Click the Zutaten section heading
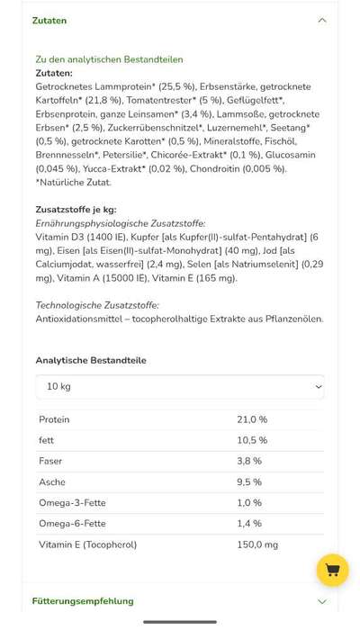pos(49,21)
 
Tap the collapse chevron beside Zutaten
pos(322,21)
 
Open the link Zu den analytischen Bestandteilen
pos(109,59)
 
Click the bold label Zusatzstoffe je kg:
pos(76,210)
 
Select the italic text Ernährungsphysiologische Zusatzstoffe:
pos(121,223)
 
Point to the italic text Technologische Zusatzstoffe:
pos(97,305)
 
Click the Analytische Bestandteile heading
pos(91,360)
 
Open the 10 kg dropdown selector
pos(180,387)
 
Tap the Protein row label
pos(54,419)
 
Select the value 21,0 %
pos(252,419)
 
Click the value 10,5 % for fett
pos(252,440)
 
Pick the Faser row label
pos(50,461)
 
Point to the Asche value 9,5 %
pos(249,482)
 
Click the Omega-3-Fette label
pos(72,503)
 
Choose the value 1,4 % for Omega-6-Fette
pos(249,524)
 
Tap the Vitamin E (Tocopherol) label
pos(87,544)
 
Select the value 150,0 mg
pos(257,544)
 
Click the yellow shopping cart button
pos(332,571)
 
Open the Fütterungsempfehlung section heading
pos(83,601)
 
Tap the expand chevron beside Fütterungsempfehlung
pos(322,601)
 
